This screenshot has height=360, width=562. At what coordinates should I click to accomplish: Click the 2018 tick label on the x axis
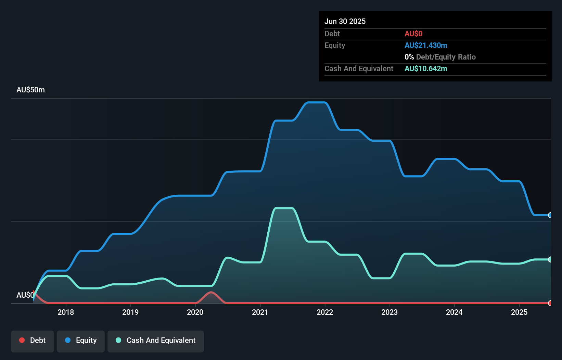[66, 312]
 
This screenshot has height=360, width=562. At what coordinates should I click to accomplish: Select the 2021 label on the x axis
[260, 312]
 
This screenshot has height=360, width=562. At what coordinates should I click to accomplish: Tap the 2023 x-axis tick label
[389, 312]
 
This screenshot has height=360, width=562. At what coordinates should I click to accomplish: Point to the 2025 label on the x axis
[519, 312]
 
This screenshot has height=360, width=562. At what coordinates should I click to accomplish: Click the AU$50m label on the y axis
[30, 90]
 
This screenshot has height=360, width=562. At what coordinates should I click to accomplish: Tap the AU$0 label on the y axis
[25, 295]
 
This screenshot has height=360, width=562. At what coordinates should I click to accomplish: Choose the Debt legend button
[33, 340]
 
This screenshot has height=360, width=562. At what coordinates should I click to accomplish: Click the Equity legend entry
[81, 340]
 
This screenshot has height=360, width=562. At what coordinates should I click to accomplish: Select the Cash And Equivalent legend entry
[156, 340]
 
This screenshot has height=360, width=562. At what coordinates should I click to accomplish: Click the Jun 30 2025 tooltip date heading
[345, 21]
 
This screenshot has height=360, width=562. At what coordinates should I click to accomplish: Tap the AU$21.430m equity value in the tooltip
[426, 46]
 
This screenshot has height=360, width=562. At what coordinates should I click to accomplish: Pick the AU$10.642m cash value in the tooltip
[426, 69]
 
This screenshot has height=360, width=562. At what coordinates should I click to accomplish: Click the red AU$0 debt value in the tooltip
[413, 34]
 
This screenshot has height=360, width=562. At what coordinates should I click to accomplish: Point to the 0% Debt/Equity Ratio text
[440, 57]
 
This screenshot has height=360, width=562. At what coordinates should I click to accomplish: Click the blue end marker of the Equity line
[550, 215]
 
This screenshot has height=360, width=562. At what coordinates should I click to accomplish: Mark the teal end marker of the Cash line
[550, 259]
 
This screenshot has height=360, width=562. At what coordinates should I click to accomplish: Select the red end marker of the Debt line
[550, 303]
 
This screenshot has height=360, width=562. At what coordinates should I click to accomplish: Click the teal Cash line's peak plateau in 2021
[284, 208]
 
